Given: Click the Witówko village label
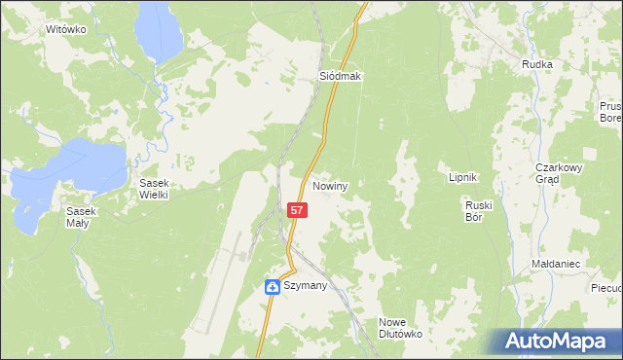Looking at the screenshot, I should click(66, 29).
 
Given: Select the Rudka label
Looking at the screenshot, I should click(536, 64).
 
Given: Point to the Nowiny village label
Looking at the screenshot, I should click(331, 185).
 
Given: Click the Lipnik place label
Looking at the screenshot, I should click(461, 177).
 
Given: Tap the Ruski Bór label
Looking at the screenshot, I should click(480, 211).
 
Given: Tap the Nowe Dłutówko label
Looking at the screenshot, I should click(399, 328).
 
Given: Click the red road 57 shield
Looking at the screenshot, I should click(299, 210).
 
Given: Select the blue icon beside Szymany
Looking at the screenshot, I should click(273, 286).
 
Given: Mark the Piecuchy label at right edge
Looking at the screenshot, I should click(605, 288).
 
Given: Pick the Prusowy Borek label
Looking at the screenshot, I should click(610, 112).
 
